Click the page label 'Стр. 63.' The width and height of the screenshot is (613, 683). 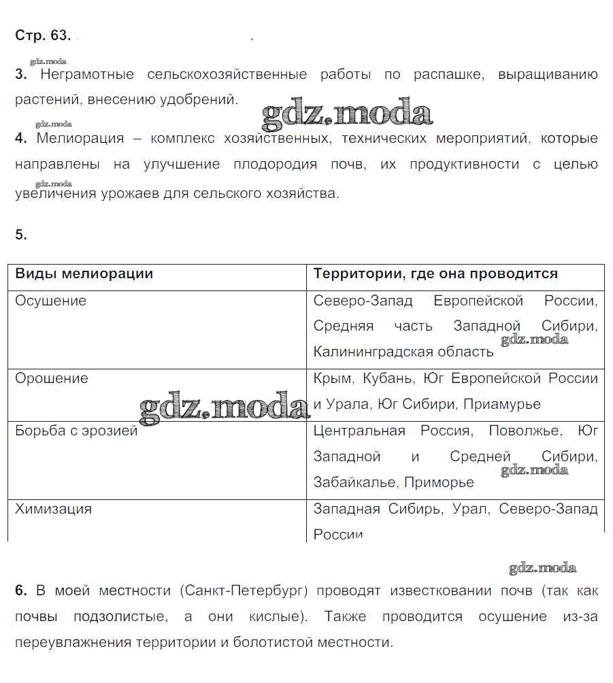point(42,35)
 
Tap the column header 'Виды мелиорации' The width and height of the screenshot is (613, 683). point(84,273)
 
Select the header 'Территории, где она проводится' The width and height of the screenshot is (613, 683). point(435,273)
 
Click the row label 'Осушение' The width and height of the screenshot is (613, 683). point(50,301)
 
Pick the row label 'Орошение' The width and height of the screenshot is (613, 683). point(51,378)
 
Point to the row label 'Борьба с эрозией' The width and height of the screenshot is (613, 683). point(76,431)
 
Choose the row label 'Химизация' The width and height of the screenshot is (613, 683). point(53,509)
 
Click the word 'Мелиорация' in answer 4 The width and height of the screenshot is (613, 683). point(80,139)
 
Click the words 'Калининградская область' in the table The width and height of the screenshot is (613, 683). point(403,352)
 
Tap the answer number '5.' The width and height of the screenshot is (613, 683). point(21,235)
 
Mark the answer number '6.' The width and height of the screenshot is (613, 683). point(21,590)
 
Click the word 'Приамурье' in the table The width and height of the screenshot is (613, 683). point(502,404)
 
